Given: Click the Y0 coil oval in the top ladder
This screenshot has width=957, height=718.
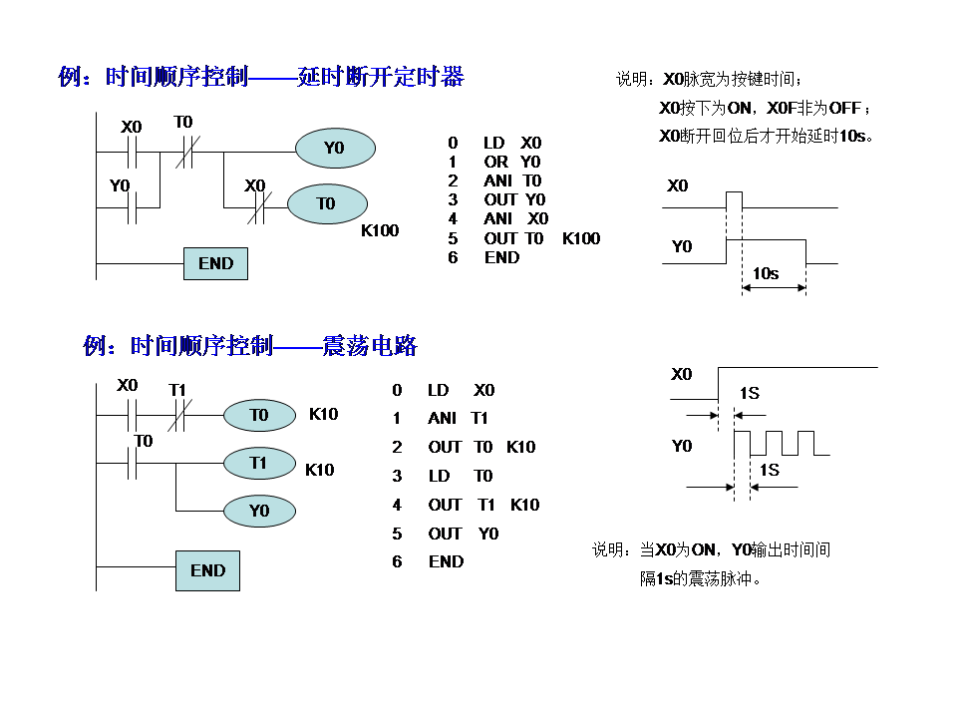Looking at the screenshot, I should (x=335, y=148).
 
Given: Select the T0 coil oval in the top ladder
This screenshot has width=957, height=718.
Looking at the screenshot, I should (x=326, y=204).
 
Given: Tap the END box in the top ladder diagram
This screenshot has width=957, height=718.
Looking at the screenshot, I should (x=215, y=263).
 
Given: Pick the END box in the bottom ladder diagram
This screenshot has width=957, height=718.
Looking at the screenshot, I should (x=207, y=570).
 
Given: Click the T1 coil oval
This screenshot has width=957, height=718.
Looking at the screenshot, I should (x=259, y=463).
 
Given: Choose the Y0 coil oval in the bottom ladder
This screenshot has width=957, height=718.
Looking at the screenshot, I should (x=259, y=511).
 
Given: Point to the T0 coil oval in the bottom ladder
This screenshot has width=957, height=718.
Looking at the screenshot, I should (x=259, y=415).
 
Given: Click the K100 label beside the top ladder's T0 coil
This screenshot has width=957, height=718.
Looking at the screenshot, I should (x=380, y=231).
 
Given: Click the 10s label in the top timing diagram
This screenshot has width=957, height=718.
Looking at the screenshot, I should (x=766, y=273).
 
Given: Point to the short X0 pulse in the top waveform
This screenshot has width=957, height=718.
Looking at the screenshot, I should (x=734, y=199).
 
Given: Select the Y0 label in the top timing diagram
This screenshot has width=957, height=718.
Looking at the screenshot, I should (x=682, y=246).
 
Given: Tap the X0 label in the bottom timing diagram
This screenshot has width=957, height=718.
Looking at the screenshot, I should (x=682, y=375).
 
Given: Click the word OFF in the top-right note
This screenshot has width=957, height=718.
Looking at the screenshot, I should (x=846, y=108).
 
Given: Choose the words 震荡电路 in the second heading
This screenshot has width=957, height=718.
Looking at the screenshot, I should (x=370, y=346).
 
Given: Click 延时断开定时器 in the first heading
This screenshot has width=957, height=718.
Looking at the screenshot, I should (x=381, y=77).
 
